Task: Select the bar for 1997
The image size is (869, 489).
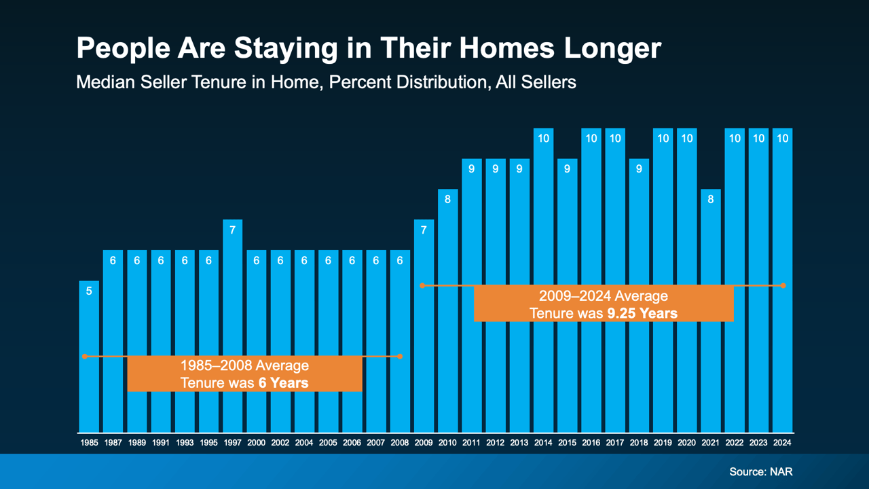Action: point(232,326)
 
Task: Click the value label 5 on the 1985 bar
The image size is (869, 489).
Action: point(89,291)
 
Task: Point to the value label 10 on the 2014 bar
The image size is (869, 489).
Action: point(543,139)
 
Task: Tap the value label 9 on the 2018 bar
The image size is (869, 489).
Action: point(639,169)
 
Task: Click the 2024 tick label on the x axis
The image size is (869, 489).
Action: point(782,442)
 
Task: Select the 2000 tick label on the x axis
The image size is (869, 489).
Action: point(257,442)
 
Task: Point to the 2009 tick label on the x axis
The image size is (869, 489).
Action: point(424,442)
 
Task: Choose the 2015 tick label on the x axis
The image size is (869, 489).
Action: point(567,442)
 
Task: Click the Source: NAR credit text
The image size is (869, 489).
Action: point(760,471)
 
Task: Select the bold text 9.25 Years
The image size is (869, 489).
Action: point(642,313)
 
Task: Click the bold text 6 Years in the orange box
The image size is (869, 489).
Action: point(283,383)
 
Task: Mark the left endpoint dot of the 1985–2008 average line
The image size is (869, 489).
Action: point(85,356)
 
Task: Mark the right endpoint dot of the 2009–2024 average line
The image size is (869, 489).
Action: point(783,285)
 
